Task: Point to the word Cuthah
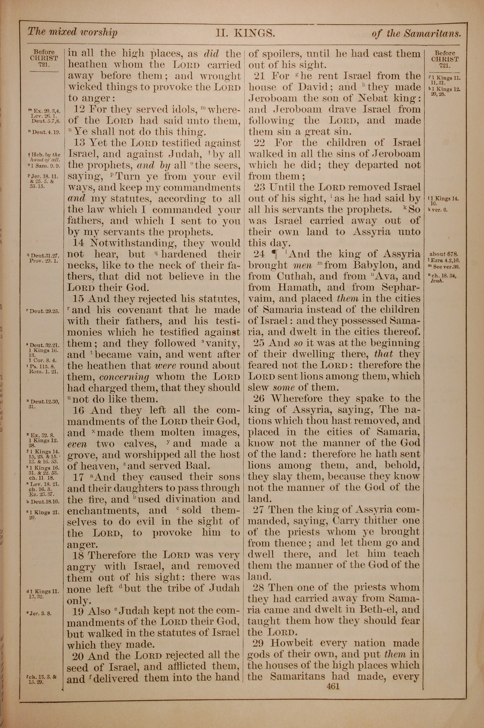296,276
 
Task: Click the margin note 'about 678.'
443,254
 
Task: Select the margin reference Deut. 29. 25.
44,311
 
